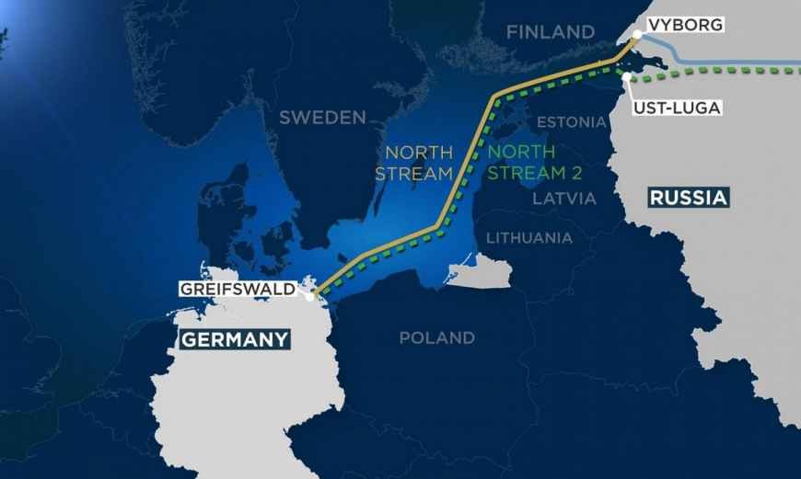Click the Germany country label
(235, 339)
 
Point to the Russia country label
(688, 197)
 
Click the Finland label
(551, 32)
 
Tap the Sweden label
(322, 118)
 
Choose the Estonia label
(571, 122)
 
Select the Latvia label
(564, 198)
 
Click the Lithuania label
(528, 238)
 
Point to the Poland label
(436, 338)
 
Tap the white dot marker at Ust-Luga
(625, 77)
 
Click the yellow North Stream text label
(419, 162)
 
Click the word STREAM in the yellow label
(419, 172)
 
